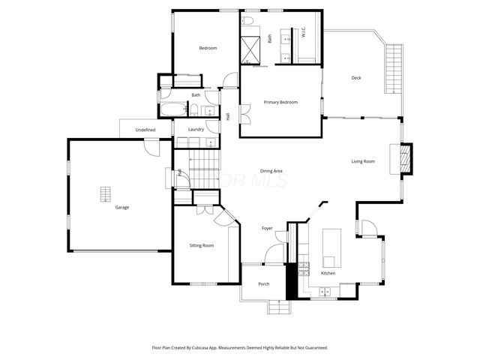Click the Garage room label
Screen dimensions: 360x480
click(122, 207)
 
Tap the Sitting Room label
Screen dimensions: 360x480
click(201, 245)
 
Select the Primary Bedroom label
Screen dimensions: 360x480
click(280, 102)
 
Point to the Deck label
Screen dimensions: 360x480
click(358, 78)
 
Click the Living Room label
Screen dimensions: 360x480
click(363, 161)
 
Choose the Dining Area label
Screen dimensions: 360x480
click(271, 171)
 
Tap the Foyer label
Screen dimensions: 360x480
click(266, 228)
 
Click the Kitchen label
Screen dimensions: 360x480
click(328, 273)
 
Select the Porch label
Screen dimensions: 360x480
click(263, 283)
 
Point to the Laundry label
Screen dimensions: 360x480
click(196, 129)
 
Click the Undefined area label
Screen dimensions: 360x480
click(145, 130)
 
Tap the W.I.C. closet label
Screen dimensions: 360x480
click(303, 32)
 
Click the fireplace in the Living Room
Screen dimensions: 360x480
click(404, 157)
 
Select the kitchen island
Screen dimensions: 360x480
click(331, 248)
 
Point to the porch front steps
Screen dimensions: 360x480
click(278, 307)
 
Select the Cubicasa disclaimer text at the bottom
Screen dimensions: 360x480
click(240, 348)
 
